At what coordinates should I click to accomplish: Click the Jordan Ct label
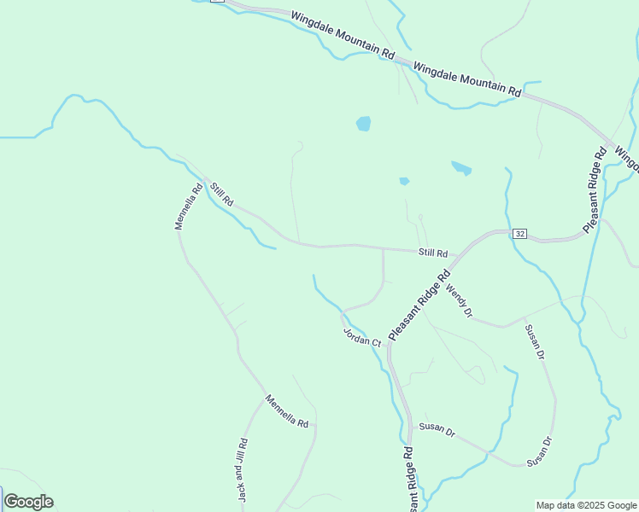tap(361, 336)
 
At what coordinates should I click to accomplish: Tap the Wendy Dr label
tap(459, 301)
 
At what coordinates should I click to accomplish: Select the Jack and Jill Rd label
tap(242, 469)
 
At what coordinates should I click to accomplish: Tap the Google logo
tap(28, 502)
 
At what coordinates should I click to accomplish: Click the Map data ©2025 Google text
tap(587, 505)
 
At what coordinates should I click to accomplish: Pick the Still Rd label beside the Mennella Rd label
tap(222, 193)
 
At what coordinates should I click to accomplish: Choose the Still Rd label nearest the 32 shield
tap(433, 253)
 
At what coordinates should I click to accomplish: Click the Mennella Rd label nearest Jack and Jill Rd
tap(286, 411)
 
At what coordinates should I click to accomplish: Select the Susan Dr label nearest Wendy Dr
tap(534, 342)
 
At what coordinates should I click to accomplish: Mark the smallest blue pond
tap(404, 181)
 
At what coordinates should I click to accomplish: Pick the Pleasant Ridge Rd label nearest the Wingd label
tap(595, 189)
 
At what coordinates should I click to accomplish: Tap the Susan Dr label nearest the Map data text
tap(540, 452)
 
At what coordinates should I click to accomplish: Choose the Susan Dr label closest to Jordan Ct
tap(437, 428)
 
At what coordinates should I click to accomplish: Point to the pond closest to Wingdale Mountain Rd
tap(364, 124)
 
